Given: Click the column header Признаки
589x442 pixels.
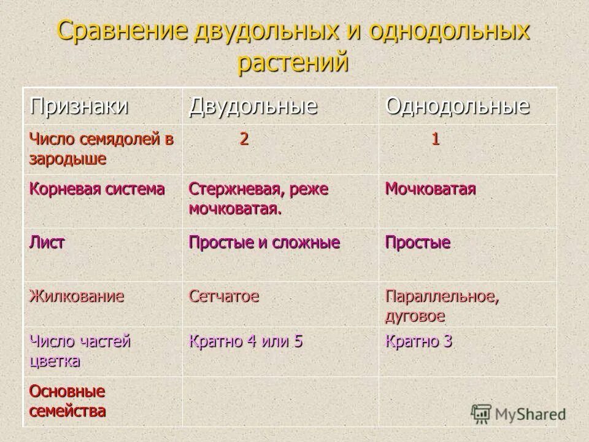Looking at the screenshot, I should pyautogui.click(x=79, y=106).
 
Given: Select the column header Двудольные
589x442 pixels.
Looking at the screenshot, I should pyautogui.click(x=253, y=106).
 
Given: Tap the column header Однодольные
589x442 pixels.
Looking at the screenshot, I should pyautogui.click(x=457, y=106).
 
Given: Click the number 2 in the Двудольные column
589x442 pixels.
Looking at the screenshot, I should pyautogui.click(x=244, y=139).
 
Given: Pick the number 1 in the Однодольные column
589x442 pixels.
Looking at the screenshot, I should pyautogui.click(x=435, y=139).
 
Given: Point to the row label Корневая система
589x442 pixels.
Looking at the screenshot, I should pyautogui.click(x=97, y=189).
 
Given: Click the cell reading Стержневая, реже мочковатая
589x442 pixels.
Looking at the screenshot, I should pyautogui.click(x=258, y=198).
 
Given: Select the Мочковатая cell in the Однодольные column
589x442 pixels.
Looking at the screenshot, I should pyautogui.click(x=430, y=189).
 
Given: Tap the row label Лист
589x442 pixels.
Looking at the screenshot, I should pyautogui.click(x=47, y=242).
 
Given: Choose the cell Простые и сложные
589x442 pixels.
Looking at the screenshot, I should pyautogui.click(x=264, y=242).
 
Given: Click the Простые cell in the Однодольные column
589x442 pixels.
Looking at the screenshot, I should pyautogui.click(x=417, y=242).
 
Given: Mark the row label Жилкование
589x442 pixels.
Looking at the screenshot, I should pyautogui.click(x=77, y=297).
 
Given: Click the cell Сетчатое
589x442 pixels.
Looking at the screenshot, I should pyautogui.click(x=224, y=297).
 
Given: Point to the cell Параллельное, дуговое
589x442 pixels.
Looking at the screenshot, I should pyautogui.click(x=441, y=306).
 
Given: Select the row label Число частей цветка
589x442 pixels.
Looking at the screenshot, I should pyautogui.click(x=80, y=351).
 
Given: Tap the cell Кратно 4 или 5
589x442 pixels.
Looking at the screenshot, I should pyautogui.click(x=246, y=341).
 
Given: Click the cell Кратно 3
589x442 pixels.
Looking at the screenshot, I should pyautogui.click(x=418, y=341).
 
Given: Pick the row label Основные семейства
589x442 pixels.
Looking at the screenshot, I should pyautogui.click(x=67, y=401).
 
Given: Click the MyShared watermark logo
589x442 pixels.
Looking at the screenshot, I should pyautogui.click(x=518, y=413).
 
